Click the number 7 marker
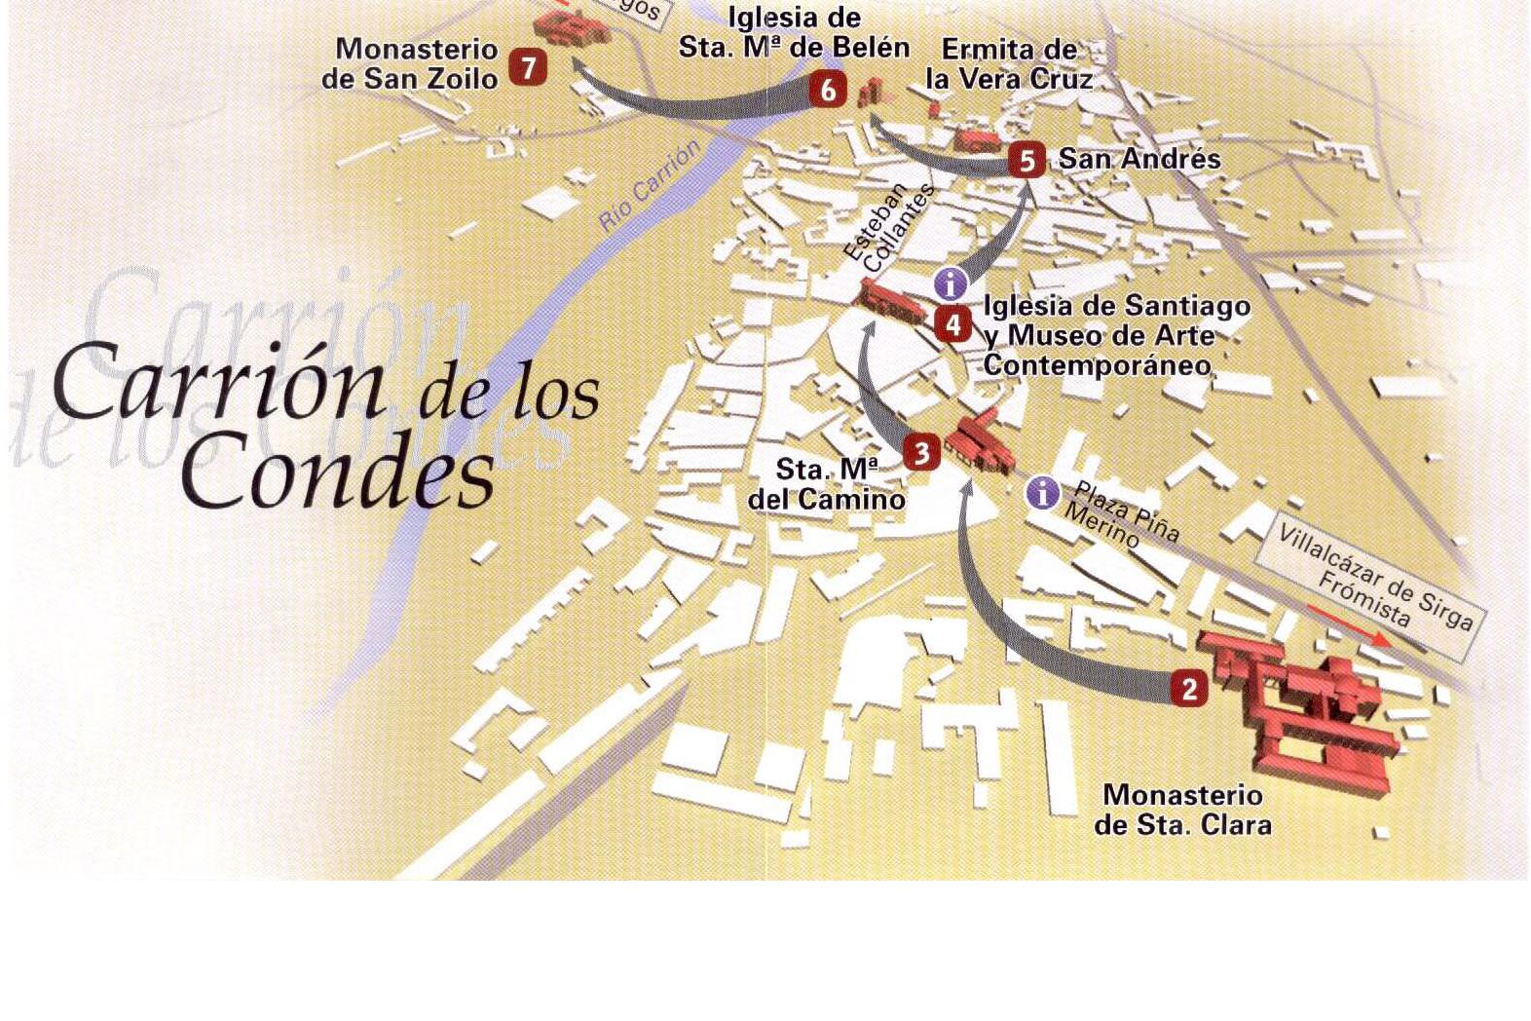point(528,68)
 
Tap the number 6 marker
point(828,91)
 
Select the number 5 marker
point(1027,160)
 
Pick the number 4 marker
point(952,323)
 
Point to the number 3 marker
point(921,453)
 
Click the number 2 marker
point(1188,689)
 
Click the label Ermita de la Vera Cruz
point(1009,64)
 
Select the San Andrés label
point(1139,159)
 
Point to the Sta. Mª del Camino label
point(827,484)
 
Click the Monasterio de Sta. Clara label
point(1182,810)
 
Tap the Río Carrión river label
point(650,185)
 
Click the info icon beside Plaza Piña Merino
point(1042,493)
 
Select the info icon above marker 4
point(951,284)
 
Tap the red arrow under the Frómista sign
point(1348,624)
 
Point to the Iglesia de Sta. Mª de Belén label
point(794,32)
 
